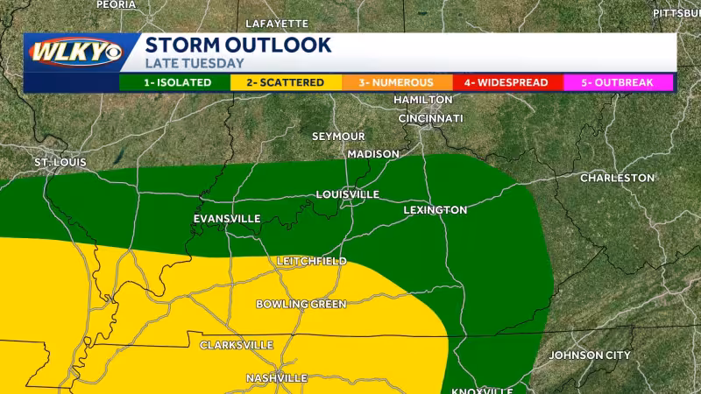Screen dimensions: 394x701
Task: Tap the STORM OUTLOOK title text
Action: [x=237, y=46]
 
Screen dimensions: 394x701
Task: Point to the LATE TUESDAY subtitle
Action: [x=195, y=64]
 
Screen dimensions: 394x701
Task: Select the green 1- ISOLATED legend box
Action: [x=174, y=83]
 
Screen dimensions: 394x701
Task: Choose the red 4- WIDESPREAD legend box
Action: [x=506, y=83]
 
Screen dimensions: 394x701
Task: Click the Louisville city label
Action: [x=347, y=193]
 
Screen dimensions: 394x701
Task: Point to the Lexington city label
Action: [x=435, y=210]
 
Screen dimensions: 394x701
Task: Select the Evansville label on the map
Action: [x=227, y=218]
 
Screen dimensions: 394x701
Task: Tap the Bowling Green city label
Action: [x=301, y=304]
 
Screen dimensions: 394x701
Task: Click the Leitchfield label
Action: [x=311, y=261]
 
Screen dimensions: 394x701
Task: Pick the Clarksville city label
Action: [x=237, y=345]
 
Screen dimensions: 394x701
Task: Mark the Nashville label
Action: [x=277, y=377]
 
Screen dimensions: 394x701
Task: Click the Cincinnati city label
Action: [x=430, y=117]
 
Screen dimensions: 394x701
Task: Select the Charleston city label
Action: [x=617, y=178]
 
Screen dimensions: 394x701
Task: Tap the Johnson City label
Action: [x=589, y=355]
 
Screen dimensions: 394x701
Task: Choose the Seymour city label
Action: [x=338, y=137]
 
